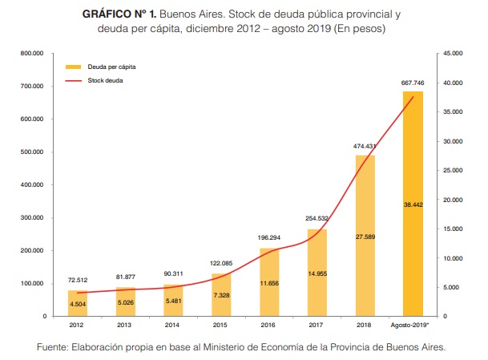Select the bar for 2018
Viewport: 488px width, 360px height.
[365, 236]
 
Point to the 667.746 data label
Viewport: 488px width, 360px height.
[413, 83]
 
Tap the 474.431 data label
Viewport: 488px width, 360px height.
[365, 146]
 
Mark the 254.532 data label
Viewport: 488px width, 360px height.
[317, 218]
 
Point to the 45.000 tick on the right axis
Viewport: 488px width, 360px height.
[453, 54]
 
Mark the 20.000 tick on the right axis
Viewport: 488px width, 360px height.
[453, 200]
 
